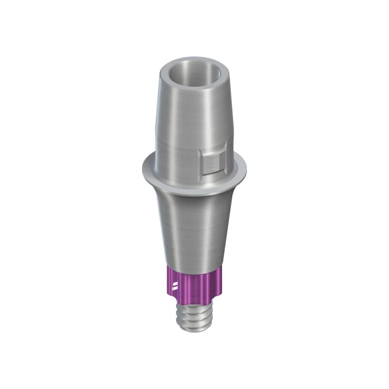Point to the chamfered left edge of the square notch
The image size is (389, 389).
pyautogui.click(x=202, y=160)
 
